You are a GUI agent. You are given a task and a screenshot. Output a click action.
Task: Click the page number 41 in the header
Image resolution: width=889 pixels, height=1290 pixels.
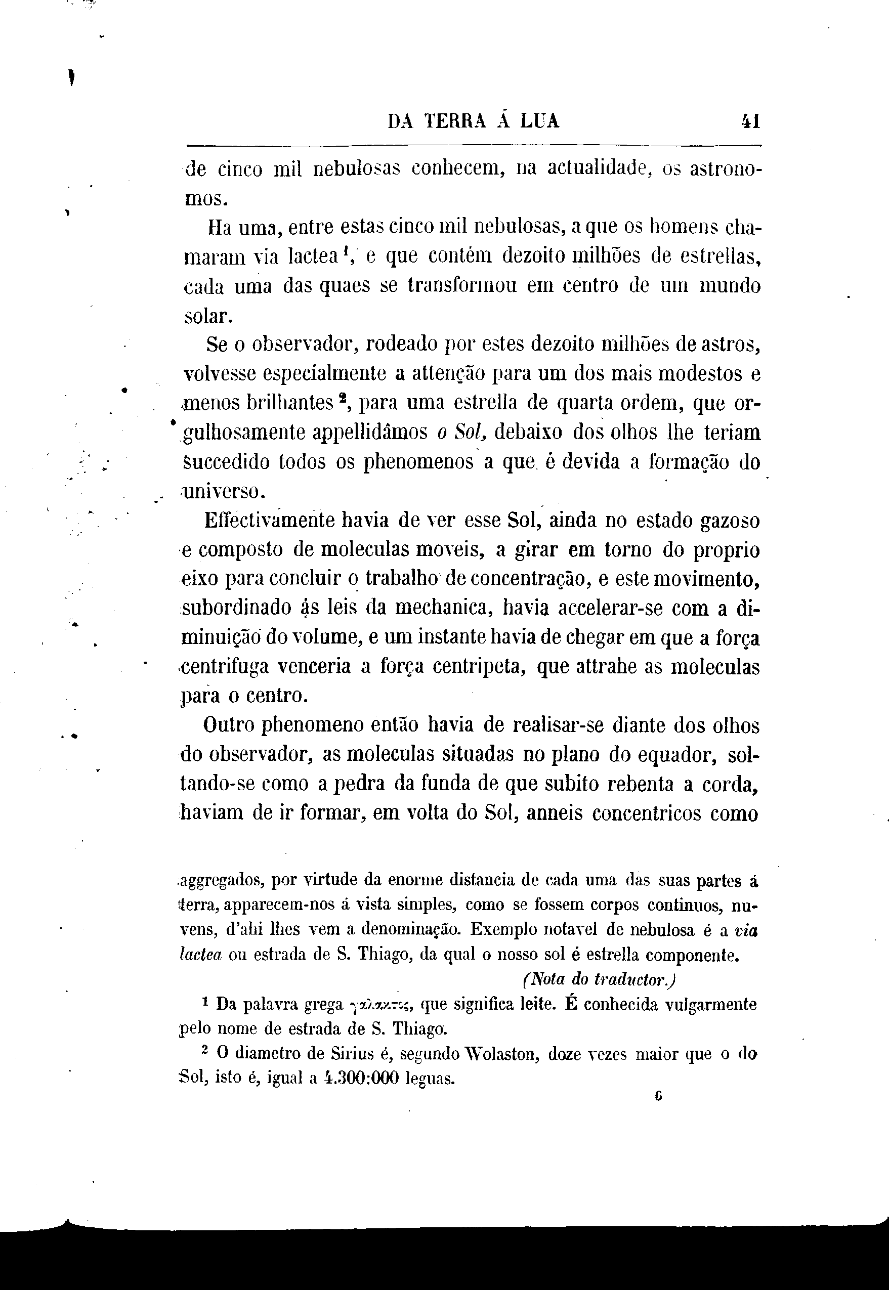click(750, 121)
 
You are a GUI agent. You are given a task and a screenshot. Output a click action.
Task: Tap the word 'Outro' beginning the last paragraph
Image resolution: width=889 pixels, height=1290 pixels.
click(228, 725)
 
